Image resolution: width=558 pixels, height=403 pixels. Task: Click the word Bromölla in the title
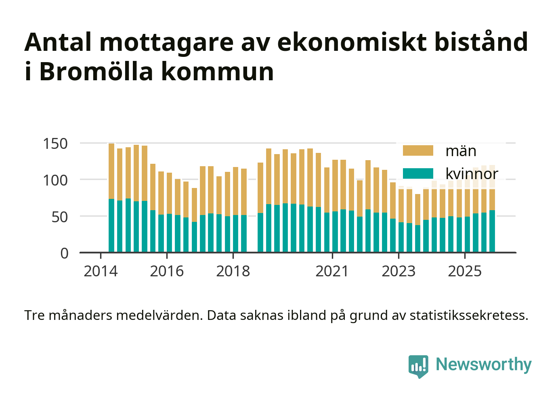pos(96,72)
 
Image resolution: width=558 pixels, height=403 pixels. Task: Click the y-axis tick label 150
pos(55,144)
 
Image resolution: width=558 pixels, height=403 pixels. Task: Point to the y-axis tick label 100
pos(55,180)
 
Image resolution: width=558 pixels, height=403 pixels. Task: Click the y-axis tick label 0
pos(65,253)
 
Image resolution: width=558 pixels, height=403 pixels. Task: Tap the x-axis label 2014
pos(101,271)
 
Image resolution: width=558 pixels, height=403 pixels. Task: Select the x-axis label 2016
pos(167,271)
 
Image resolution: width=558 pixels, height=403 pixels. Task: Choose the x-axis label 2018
pos(233,271)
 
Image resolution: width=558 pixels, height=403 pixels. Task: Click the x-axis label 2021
pos(332,271)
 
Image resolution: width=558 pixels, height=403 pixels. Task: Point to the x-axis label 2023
pos(399,271)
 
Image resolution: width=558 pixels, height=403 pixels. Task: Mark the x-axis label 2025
pos(465,271)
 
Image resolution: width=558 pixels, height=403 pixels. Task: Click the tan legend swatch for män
pos(418,151)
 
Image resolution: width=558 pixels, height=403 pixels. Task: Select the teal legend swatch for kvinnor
pos(418,173)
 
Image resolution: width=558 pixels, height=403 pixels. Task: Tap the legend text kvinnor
pos(472,174)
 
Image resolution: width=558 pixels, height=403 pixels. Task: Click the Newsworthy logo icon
pos(418,366)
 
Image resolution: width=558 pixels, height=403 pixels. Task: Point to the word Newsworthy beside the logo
pos(483,364)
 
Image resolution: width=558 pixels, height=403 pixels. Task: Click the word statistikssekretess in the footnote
pos(469,315)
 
